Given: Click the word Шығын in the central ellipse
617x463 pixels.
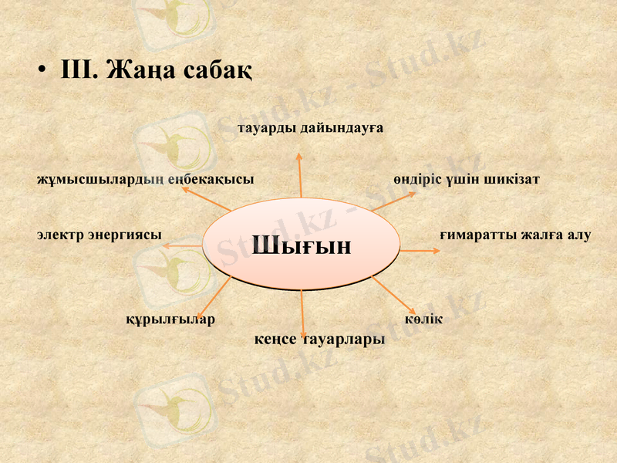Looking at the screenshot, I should coord(302,245).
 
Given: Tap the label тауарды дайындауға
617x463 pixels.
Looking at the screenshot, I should coord(311,127).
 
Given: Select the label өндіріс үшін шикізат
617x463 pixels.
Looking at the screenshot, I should coord(466,179).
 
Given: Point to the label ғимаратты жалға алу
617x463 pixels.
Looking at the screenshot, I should coord(515,234).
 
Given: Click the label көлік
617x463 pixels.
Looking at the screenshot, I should coord(423,319).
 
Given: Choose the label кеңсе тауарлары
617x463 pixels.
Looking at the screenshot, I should coord(319,340).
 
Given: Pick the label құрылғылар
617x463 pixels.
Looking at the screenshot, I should coord(170,319).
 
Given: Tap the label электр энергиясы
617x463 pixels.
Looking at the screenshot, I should coord(99,234).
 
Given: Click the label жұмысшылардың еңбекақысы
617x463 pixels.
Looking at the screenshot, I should coord(146,179).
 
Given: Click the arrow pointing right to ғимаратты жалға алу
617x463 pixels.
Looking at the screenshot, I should coord(419,251).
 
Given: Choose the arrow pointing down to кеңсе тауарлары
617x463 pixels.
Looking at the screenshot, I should coord(303,313).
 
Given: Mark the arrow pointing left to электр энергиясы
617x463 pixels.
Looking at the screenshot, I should coord(184,245).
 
